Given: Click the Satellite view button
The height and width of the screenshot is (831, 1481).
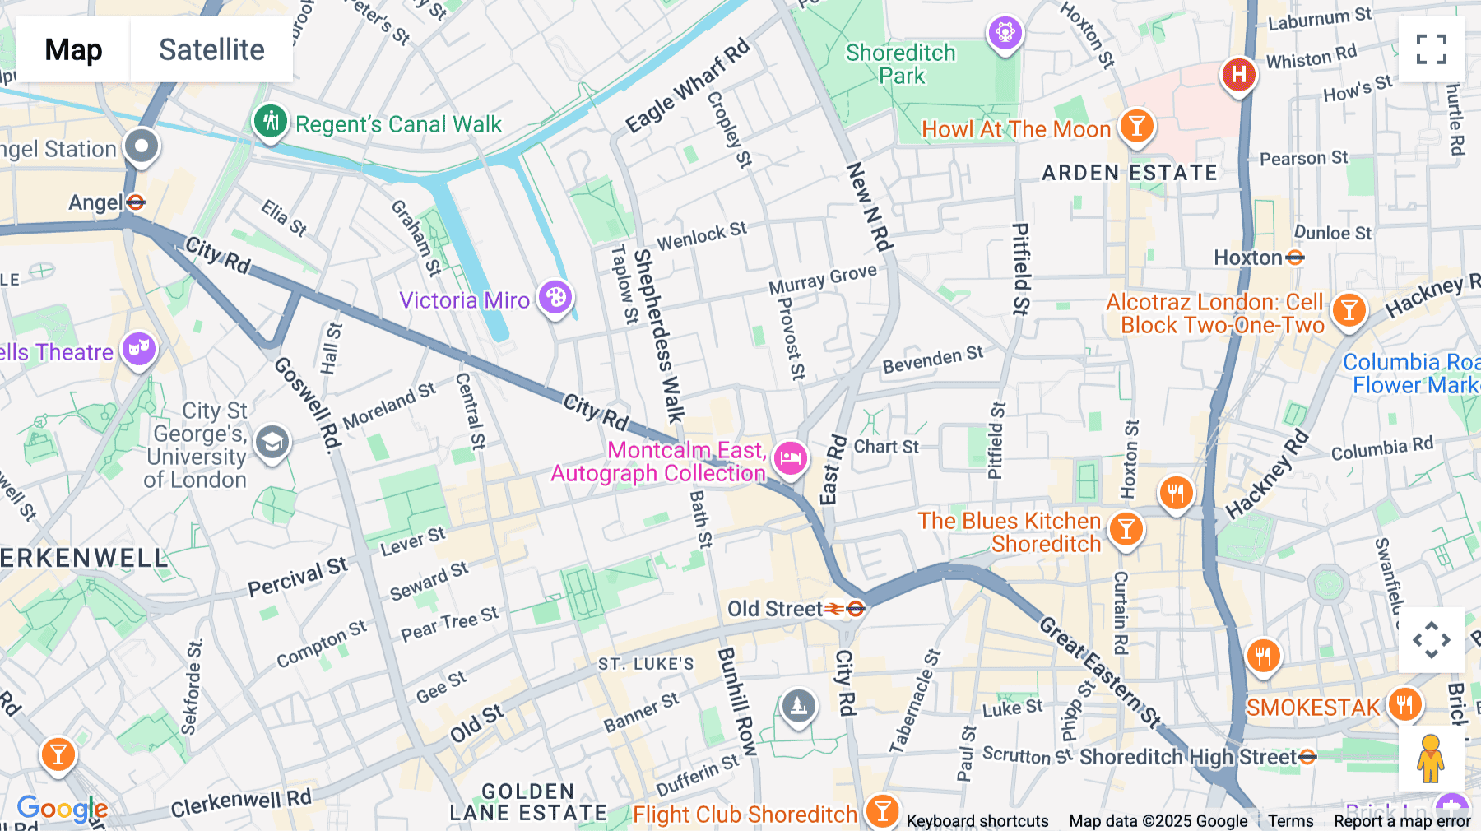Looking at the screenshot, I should tap(211, 49).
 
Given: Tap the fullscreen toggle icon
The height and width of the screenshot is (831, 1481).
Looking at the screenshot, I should tap(1431, 49).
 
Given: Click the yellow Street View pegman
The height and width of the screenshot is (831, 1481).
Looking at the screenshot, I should tap(1431, 758).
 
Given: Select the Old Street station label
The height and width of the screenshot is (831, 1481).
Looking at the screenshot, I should tap(775, 609).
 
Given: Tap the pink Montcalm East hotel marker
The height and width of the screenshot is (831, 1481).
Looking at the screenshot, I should tap(790, 457).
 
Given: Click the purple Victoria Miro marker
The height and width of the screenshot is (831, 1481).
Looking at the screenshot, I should tap(555, 297).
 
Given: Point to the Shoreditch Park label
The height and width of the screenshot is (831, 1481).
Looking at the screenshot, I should tap(901, 64).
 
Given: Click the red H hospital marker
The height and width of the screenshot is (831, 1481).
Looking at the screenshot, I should tap(1237, 75).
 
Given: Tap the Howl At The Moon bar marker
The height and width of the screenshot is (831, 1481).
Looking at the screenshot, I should tap(1136, 126).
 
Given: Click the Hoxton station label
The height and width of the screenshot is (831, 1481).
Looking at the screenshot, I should tap(1249, 258).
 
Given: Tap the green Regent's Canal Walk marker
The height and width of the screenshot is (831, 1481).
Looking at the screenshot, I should tap(269, 123).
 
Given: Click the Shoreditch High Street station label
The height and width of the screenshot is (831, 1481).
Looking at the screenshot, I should tap(1188, 757).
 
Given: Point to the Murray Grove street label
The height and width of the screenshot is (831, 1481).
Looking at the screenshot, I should tap(823, 278).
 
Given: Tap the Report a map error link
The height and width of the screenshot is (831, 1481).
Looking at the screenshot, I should tap(1402, 821).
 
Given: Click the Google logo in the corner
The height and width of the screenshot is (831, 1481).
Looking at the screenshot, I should tap(63, 809).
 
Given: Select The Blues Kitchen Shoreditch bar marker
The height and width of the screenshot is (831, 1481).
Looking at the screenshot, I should tap(1126, 529).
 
